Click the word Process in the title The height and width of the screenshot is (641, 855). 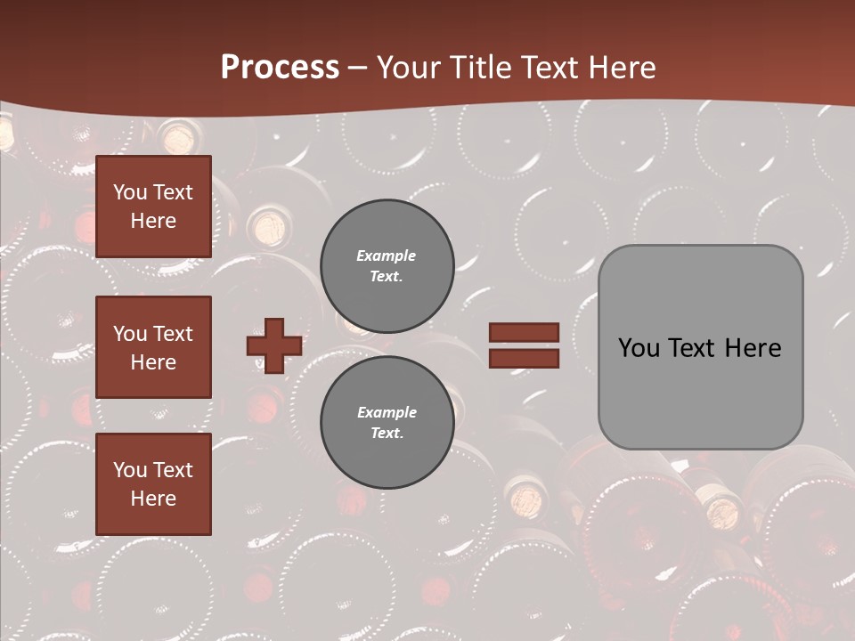pos(280,68)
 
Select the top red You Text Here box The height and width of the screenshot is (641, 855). pos(153,207)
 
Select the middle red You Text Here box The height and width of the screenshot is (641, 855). pos(153,347)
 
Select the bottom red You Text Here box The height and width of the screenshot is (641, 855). pos(153,484)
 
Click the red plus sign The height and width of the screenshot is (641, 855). pos(274,345)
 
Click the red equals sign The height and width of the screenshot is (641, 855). pos(525,345)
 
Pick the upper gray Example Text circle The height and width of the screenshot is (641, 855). pos(387,266)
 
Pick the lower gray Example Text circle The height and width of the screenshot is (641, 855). pos(387,423)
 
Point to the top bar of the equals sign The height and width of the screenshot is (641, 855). pos(525,333)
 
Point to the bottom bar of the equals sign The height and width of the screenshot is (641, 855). pos(525,358)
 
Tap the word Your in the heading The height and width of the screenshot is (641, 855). pos(409,68)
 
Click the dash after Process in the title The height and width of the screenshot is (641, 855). pos(358,69)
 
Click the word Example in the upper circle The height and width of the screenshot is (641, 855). pos(387,256)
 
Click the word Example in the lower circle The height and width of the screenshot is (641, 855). pos(387,412)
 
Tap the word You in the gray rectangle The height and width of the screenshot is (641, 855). pos(639,348)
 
